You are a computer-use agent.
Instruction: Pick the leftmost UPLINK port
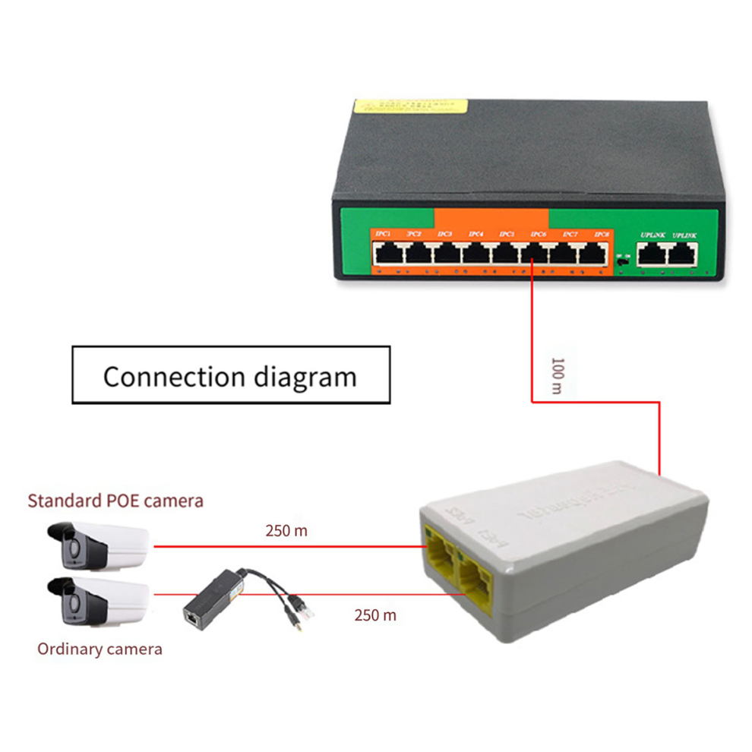point(651,255)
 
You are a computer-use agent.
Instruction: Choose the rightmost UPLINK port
point(683,255)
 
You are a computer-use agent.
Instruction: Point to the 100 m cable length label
point(556,375)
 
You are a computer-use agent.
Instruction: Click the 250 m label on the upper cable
point(286,531)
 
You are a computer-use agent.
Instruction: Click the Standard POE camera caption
point(115,501)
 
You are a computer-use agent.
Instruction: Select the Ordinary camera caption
point(100,649)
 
